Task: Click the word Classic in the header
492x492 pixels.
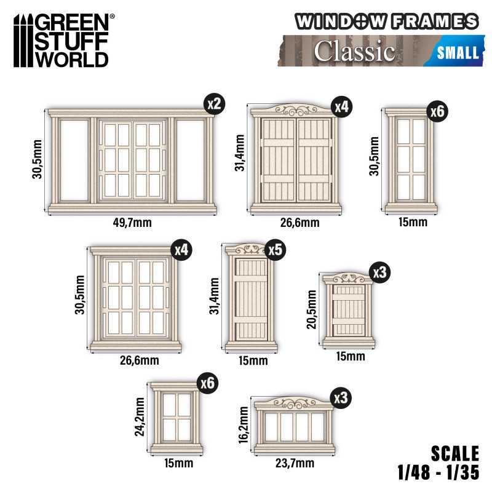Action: pos(354,52)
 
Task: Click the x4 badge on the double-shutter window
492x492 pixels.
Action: pos(341,107)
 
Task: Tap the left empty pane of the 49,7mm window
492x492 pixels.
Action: pos(74,160)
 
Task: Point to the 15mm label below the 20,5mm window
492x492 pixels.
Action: pos(350,357)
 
